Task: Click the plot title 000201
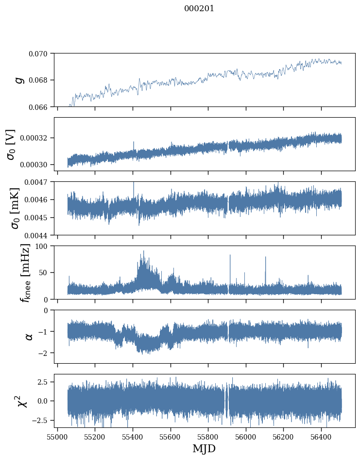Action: [x=199, y=9]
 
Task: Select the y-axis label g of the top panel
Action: [x=19, y=80]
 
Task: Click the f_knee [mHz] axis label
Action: [x=24, y=272]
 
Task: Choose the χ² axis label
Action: [x=23, y=401]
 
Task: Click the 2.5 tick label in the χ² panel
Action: [x=44, y=382]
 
